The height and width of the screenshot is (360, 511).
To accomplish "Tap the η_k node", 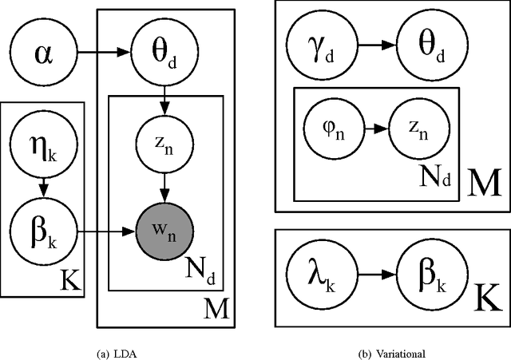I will pyautogui.click(x=43, y=148).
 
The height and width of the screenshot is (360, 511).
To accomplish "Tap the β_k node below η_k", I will pyautogui.click(x=43, y=233).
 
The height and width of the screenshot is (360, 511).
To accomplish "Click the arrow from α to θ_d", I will pyautogui.click(x=103, y=53).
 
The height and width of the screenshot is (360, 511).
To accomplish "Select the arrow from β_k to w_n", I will pyautogui.click(x=103, y=233).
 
